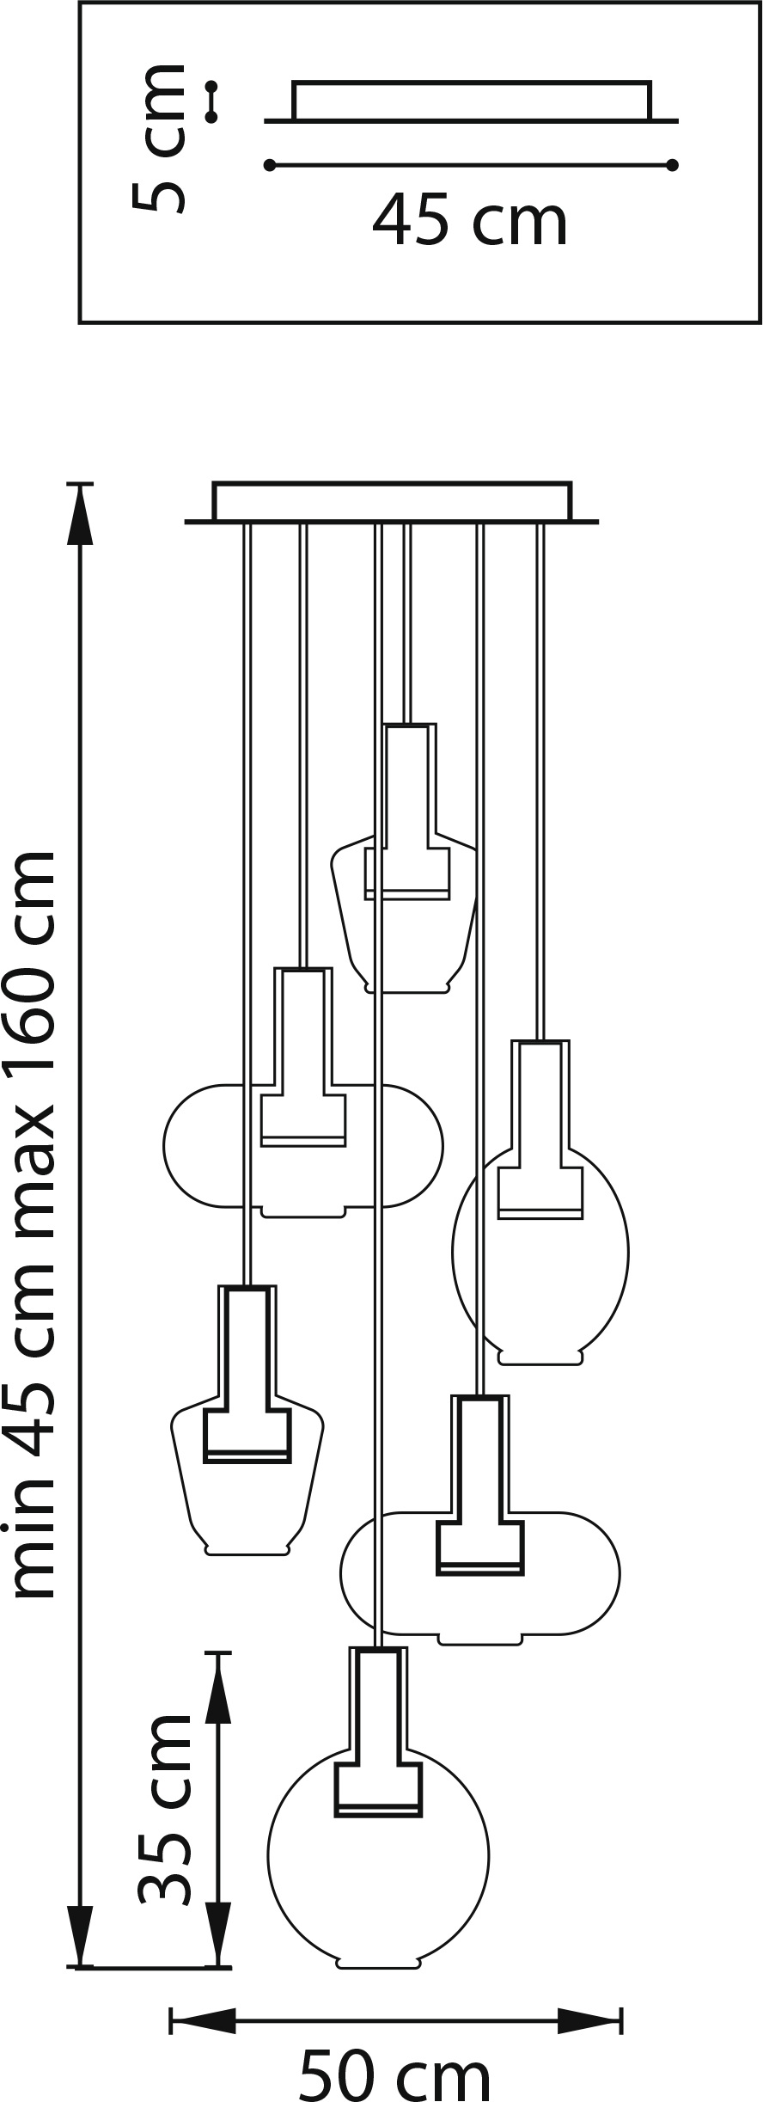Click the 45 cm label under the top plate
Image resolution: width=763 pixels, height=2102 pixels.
click(470, 222)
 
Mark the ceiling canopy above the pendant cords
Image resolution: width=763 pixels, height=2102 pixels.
click(392, 503)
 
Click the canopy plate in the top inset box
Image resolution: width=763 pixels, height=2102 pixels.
click(471, 101)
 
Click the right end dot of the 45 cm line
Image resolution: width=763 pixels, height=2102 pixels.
click(673, 164)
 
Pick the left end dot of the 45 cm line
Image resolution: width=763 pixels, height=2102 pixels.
click(270, 164)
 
